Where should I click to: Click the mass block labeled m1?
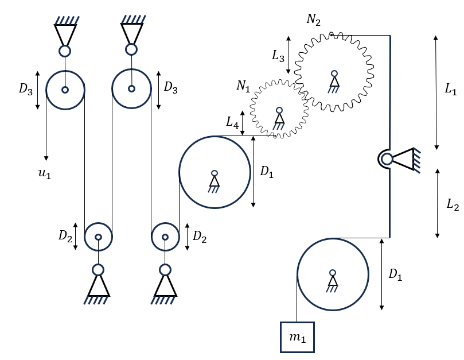(x=297, y=337)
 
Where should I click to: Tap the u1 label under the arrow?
(x=45, y=173)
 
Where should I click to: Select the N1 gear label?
(x=243, y=86)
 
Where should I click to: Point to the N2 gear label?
(x=313, y=20)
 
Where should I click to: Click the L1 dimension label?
(x=451, y=88)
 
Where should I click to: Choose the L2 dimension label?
(x=453, y=204)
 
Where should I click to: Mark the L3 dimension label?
(x=278, y=56)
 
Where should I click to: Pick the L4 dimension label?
(x=232, y=122)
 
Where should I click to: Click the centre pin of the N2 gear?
(x=334, y=73)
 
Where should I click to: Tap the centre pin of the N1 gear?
(x=279, y=110)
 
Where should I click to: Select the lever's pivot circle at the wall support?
(x=387, y=159)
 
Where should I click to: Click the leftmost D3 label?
(x=26, y=88)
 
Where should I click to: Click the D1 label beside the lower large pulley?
(x=395, y=274)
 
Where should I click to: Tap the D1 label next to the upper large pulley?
(x=267, y=172)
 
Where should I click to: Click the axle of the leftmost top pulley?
(x=65, y=90)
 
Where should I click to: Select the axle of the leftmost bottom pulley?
(x=98, y=237)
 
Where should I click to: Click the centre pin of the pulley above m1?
(x=333, y=273)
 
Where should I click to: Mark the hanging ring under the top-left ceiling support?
(x=65, y=51)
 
